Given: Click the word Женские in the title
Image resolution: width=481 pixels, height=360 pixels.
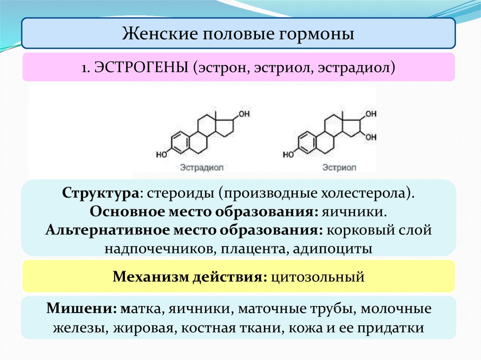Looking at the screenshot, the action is [150, 34].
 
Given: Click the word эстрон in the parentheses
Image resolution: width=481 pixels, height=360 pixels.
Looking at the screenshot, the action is [223, 68].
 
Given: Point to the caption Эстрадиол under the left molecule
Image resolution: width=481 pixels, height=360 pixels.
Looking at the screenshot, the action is [201, 167].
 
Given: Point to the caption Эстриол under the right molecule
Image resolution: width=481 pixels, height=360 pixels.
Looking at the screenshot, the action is [339, 167].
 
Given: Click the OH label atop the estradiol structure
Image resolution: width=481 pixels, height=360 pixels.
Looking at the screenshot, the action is [244, 114].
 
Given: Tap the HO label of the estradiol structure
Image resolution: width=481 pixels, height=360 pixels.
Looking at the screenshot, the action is [161, 153].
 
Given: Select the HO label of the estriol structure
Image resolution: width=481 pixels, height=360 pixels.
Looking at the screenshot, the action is [288, 153].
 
